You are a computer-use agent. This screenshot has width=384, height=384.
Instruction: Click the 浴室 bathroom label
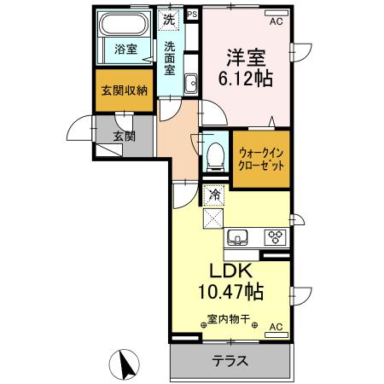tap(125, 49)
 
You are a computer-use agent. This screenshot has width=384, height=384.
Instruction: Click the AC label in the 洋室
tap(276, 22)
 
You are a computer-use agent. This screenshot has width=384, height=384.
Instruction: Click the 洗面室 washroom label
tap(171, 59)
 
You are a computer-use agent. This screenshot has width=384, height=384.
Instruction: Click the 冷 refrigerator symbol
tap(214, 195)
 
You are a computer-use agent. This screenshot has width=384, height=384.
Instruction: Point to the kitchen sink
tap(237, 236)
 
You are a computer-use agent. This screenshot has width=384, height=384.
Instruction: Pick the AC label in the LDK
tap(276, 327)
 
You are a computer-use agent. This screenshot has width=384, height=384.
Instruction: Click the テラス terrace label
tap(230, 361)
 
